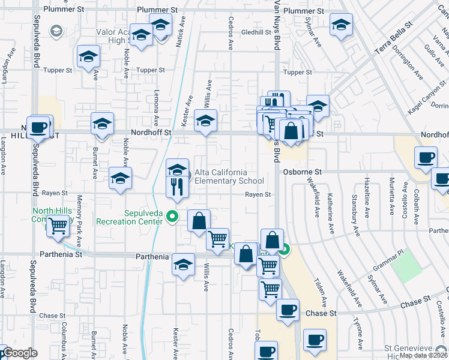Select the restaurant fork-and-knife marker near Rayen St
point(178,186)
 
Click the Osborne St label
point(303,172)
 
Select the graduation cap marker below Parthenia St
point(184,265)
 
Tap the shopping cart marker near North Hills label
point(58,227)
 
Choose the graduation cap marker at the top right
point(341,25)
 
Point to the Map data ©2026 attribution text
point(424,355)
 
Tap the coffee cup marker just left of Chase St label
point(288,310)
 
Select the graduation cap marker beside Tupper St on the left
point(88,57)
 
